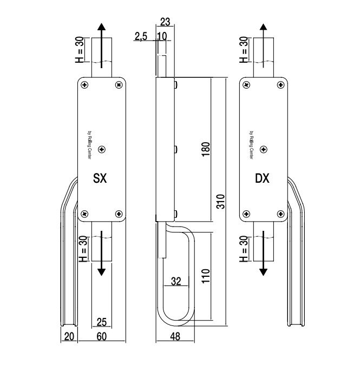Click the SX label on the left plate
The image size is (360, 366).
100,178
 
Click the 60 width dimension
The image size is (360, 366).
102,336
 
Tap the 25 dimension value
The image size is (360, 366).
101,323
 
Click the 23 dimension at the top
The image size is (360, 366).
166,23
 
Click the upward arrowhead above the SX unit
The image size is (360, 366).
100,28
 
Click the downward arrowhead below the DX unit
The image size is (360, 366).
263,272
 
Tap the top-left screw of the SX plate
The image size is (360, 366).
85,84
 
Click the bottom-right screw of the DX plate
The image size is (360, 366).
280,214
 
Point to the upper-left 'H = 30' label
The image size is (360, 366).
80,49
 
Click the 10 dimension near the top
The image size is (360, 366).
162,36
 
